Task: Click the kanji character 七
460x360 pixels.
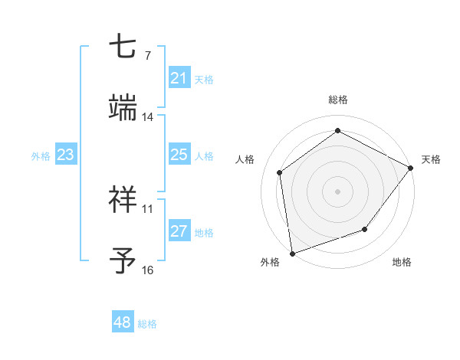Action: [123, 48]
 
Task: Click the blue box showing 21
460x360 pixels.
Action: [179, 78]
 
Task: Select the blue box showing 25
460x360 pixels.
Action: [179, 155]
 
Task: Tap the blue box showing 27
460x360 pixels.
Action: [179, 231]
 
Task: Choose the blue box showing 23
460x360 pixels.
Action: [66, 155]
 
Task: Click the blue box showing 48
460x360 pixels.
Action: [123, 322]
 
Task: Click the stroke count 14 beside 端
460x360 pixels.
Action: [147, 117]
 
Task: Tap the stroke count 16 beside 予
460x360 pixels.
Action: [147, 270]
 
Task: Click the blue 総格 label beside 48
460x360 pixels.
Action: [147, 324]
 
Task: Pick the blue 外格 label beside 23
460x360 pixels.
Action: [41, 156]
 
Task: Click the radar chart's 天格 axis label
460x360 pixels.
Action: [431, 159]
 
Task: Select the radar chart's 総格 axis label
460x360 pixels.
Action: [338, 100]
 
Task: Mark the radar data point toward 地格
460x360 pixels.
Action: [365, 229]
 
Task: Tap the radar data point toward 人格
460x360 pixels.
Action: [280, 172]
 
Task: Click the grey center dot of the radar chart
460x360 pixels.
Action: [338, 191]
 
